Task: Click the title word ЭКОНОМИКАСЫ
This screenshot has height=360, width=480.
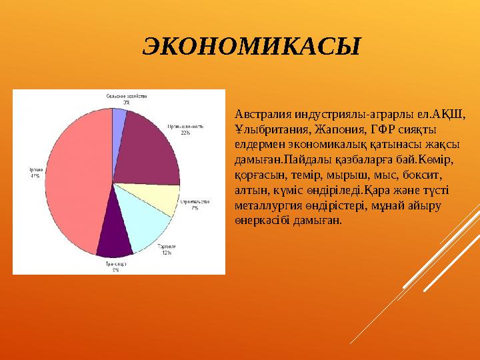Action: pos(251,47)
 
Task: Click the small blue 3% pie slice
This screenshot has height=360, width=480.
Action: pos(119,120)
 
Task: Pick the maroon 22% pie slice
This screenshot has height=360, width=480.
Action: pos(150,147)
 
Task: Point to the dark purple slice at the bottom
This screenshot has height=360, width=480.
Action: pos(115,237)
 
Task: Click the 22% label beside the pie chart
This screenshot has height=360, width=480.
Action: pos(185,133)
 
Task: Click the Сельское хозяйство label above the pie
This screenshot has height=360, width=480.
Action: pos(126,96)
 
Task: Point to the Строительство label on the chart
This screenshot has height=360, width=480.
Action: pos(195,201)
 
